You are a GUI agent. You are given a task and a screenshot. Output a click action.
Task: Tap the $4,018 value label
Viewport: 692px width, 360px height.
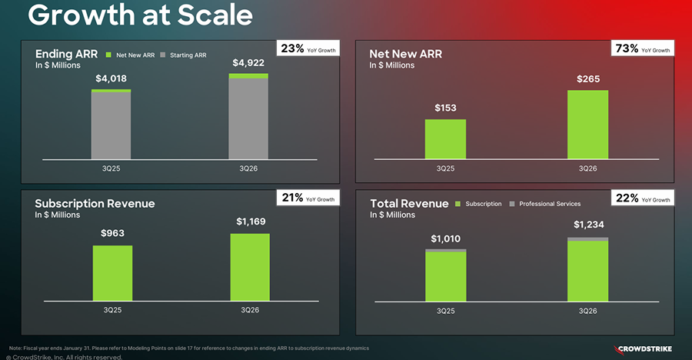click(x=111, y=78)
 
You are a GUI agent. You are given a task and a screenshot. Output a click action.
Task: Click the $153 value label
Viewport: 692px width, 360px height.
click(x=445, y=108)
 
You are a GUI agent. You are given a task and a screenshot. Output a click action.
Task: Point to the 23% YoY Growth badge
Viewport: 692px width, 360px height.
click(x=308, y=49)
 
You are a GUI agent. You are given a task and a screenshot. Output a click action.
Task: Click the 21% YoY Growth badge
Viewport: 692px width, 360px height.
click(x=308, y=199)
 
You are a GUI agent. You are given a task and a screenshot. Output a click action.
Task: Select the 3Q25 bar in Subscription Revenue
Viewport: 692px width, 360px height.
click(x=112, y=273)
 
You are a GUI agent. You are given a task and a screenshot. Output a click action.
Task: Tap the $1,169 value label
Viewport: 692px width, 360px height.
click(x=249, y=222)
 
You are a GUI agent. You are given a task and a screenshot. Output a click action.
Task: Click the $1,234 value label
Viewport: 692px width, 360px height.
click(x=587, y=225)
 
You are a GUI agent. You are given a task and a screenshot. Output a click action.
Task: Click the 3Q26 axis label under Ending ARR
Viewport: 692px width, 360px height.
click(x=248, y=168)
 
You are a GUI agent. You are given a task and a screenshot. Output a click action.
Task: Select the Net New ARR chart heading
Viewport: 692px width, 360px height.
click(x=405, y=54)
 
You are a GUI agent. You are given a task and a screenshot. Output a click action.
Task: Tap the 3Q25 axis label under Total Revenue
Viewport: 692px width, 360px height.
click(x=445, y=311)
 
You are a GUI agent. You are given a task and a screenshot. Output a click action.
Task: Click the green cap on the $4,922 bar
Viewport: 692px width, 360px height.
click(x=248, y=75)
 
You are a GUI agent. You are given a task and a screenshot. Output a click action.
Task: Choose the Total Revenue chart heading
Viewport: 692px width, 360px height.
click(x=409, y=203)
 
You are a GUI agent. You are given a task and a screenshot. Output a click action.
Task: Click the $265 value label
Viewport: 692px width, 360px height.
click(x=587, y=79)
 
